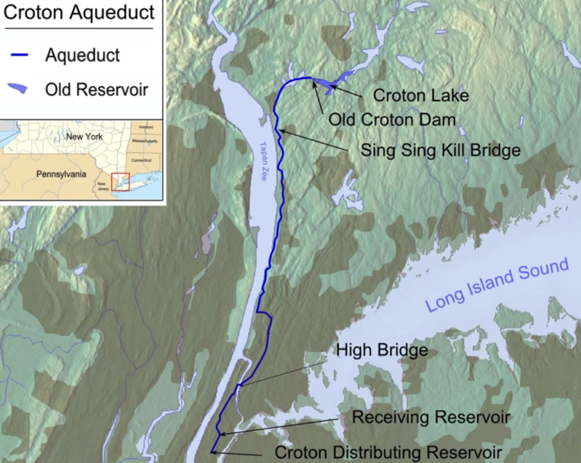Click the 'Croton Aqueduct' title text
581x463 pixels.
(x=79, y=13)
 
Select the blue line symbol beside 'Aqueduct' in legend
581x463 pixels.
(x=19, y=55)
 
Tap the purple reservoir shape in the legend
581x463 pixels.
(x=18, y=89)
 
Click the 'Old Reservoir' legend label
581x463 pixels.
(x=96, y=90)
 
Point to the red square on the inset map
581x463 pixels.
(x=120, y=182)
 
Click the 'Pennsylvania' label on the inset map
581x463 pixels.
(x=61, y=174)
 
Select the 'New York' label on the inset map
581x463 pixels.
(x=84, y=137)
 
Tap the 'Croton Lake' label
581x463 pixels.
(x=420, y=95)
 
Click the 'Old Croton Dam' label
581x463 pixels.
(x=392, y=120)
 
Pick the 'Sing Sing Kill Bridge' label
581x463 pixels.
(x=440, y=150)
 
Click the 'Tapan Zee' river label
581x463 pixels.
(x=263, y=161)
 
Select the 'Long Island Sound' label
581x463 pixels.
(x=497, y=285)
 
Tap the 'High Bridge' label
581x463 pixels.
(x=382, y=350)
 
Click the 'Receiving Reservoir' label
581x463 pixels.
(x=431, y=417)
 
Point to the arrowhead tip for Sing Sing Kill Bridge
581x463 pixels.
(x=280, y=131)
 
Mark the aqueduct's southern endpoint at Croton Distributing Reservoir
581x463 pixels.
(x=211, y=452)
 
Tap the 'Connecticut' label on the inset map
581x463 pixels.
(x=141, y=160)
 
